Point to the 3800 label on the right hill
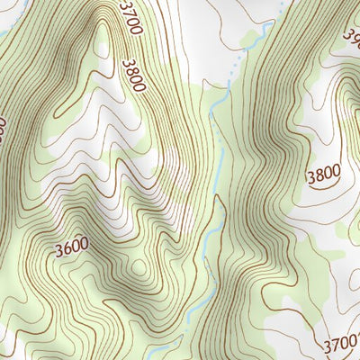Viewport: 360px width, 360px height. point(324,173)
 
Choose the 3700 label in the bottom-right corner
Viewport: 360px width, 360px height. point(341,342)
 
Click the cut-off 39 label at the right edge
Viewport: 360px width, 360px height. point(352,36)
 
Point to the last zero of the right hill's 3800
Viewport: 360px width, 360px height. point(337,173)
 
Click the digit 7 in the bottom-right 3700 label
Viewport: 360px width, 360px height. point(336,344)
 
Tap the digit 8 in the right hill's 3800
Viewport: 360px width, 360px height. point(319,173)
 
